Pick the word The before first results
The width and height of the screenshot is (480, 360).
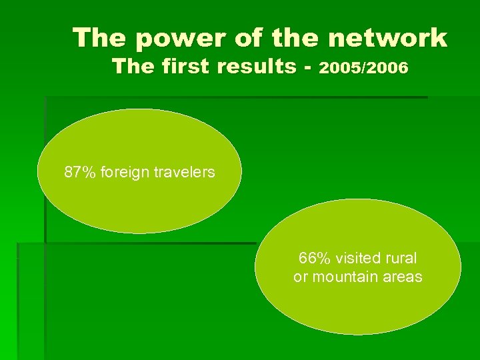click(133, 67)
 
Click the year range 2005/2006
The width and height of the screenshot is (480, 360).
click(364, 68)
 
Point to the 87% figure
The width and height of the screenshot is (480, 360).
click(79, 173)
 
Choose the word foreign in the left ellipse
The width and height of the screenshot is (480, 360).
click(123, 173)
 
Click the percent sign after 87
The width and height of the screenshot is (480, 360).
click(89, 173)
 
